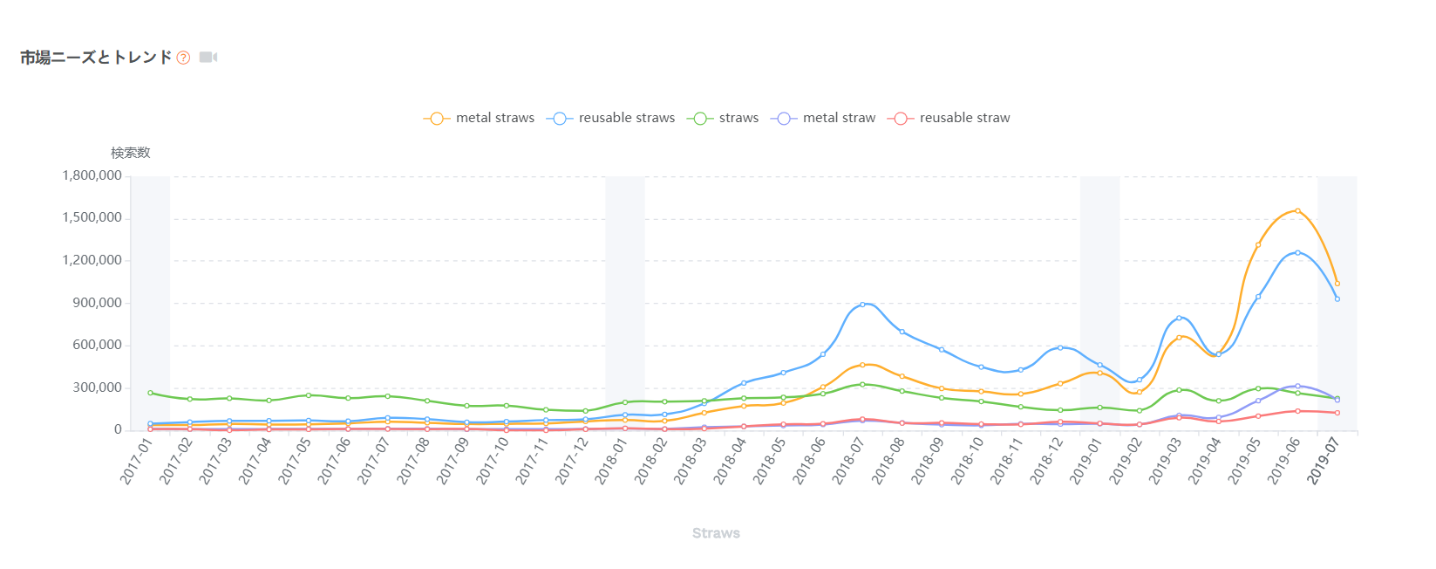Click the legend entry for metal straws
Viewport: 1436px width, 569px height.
point(480,118)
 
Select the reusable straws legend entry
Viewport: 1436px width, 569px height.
point(611,118)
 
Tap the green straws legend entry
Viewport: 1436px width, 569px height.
point(723,118)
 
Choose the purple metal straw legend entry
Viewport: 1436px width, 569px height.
point(824,118)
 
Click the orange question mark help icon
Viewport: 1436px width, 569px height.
point(183,58)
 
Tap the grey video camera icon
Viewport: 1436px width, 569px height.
point(208,58)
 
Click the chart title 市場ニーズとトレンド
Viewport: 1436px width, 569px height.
point(96,58)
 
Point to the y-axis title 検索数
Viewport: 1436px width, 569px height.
point(131,153)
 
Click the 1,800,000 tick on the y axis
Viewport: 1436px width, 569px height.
point(92,175)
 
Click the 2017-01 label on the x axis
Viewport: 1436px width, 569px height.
point(136,460)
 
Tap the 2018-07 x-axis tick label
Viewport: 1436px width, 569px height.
point(847,460)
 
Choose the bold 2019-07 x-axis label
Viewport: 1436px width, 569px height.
point(1323,460)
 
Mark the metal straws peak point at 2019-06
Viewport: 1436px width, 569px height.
point(1297,210)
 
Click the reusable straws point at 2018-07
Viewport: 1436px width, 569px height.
point(862,305)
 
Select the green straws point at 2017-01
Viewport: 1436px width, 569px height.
point(150,393)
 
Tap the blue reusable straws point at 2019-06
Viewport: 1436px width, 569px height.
point(1297,253)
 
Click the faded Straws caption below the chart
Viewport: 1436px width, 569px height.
point(716,533)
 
